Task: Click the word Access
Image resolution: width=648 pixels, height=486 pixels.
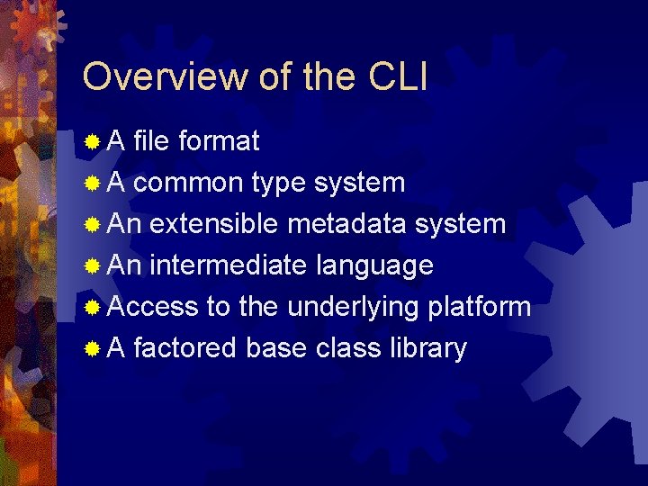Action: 152,307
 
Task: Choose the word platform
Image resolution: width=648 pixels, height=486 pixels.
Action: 479,307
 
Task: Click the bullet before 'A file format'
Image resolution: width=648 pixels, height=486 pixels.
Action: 92,142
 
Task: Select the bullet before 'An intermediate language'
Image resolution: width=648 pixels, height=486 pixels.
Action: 92,266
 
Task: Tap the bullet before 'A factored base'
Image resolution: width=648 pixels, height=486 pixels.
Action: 92,349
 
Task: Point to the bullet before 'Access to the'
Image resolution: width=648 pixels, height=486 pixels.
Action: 92,308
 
